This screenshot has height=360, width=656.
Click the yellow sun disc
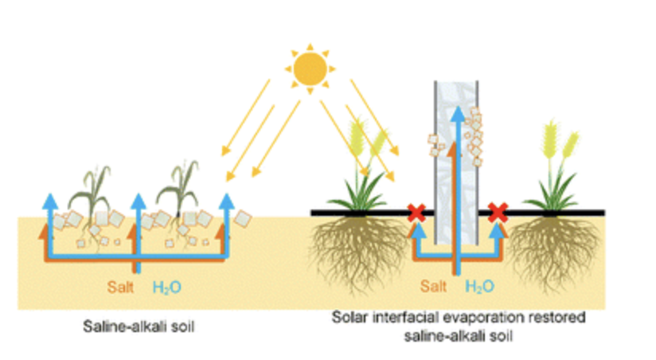point(310,69)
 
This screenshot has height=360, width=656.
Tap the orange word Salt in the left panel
point(120,288)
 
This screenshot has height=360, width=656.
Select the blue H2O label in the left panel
point(167,288)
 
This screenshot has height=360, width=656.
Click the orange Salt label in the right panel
point(433,286)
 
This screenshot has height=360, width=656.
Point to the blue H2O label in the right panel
point(480,287)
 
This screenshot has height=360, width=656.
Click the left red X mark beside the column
point(416,213)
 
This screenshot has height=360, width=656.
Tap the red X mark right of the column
point(498,213)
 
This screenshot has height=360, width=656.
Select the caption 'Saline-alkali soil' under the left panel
point(139,327)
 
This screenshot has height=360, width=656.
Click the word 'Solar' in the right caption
point(349,317)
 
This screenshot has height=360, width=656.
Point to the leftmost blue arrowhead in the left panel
point(50,201)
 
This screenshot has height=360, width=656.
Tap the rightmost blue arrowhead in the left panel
point(226,201)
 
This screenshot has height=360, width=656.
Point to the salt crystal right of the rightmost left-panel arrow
point(243,218)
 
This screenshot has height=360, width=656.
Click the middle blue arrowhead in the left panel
point(138,201)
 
